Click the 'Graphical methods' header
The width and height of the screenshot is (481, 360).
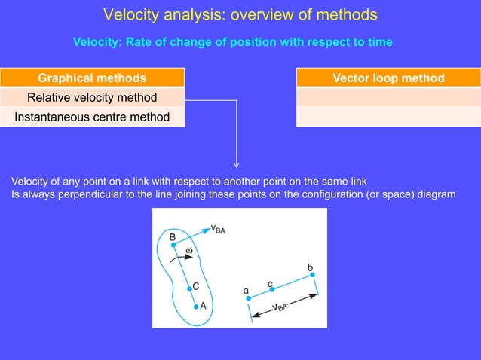tap(92, 78)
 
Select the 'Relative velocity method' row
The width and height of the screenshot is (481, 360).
tap(92, 97)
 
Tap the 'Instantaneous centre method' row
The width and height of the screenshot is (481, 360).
tap(92, 117)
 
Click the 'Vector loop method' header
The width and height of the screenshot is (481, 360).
tap(388, 78)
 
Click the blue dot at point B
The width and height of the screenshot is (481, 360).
tap(173, 245)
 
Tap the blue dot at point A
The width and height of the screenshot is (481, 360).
tap(195, 306)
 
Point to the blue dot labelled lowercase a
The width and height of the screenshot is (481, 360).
tap(248, 298)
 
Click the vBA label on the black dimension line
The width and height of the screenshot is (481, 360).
tap(280, 307)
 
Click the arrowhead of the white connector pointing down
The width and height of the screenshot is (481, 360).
tap(237, 164)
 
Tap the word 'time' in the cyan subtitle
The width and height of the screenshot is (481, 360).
tap(379, 42)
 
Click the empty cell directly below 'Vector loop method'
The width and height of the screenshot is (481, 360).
tap(388, 97)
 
